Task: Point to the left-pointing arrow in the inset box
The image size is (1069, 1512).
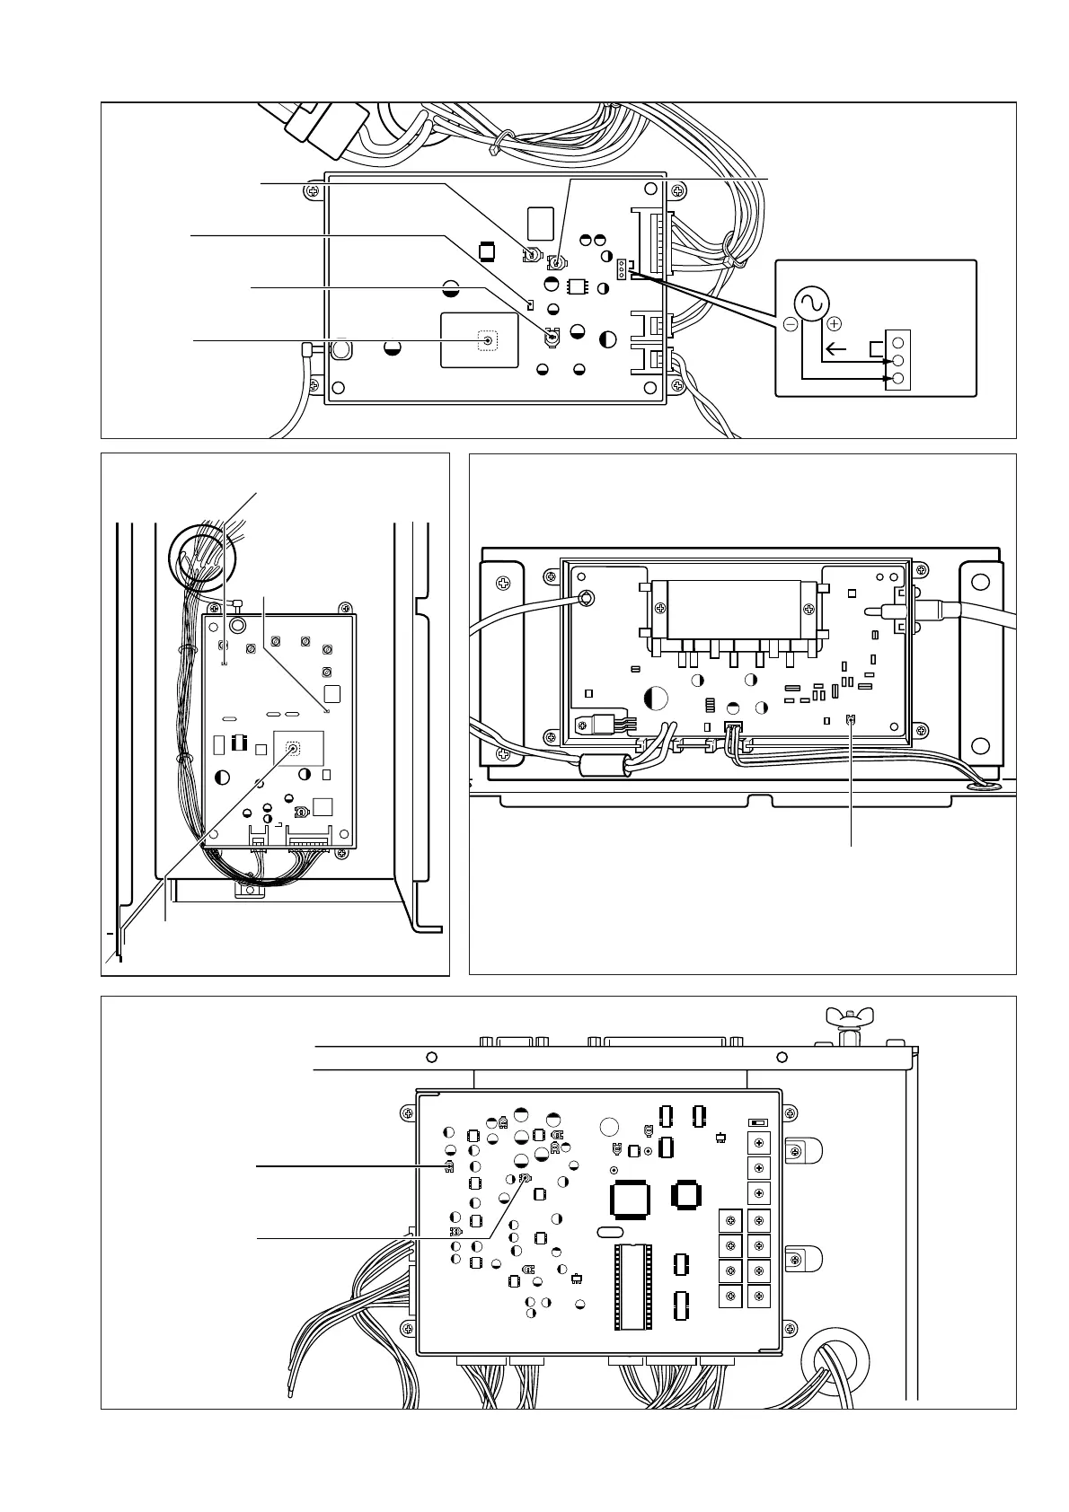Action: [835, 349]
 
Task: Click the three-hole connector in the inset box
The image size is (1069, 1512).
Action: [897, 360]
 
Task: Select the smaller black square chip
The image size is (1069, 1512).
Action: [687, 1194]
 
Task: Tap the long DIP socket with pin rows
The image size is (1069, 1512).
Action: [631, 1286]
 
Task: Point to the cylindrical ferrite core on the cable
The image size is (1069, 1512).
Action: [600, 766]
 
